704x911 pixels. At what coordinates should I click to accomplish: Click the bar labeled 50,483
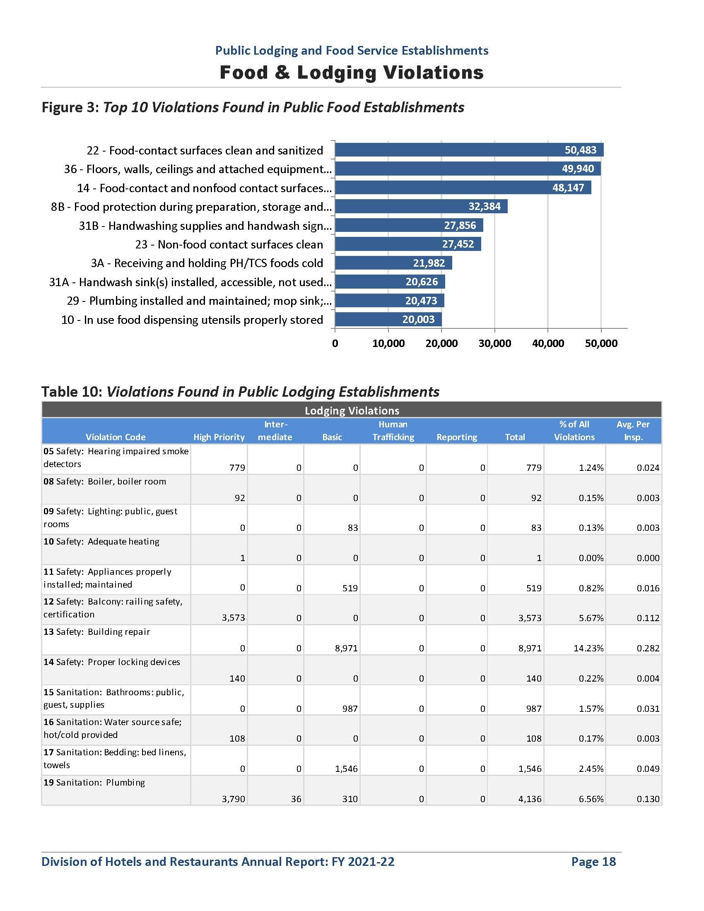point(469,150)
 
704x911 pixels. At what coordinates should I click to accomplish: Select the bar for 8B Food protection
point(421,207)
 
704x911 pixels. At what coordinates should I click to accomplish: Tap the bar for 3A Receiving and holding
point(393,263)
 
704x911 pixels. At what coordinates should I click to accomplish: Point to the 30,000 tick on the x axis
point(494,344)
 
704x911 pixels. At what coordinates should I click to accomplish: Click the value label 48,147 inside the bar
point(568,188)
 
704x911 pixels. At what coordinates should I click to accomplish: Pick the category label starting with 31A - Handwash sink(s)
point(190,282)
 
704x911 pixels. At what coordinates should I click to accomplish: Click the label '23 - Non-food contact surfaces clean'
point(229,244)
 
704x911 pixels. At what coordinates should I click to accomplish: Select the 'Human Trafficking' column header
point(393,431)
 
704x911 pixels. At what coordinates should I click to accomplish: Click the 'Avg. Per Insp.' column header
point(633,431)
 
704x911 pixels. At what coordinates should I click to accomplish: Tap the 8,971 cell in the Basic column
point(346,648)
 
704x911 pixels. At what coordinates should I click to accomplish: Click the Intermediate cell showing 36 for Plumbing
point(296,799)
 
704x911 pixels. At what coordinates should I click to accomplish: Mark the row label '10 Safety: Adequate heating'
point(101,542)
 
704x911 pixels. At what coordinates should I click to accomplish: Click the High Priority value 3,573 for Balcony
point(233,618)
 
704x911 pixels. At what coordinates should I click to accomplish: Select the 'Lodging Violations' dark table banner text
point(352,411)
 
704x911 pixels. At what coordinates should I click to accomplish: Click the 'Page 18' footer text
point(593,861)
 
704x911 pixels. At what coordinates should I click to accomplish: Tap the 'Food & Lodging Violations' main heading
point(352,72)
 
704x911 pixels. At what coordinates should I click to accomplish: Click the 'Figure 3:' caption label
point(70,108)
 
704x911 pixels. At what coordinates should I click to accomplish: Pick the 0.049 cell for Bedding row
point(648,768)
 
